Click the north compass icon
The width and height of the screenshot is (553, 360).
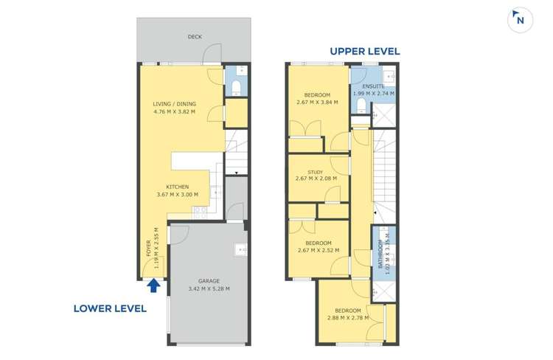tap(520, 20)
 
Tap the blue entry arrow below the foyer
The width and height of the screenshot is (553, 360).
tap(153, 285)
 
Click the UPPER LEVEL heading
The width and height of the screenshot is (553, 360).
tap(365, 51)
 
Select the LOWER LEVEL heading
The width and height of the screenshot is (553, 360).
tap(110, 308)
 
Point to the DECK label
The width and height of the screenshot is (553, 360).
tap(195, 37)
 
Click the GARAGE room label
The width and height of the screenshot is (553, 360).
tap(209, 281)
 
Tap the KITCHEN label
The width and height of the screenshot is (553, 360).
tap(178, 187)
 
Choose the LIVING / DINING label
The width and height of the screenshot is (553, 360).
tap(174, 104)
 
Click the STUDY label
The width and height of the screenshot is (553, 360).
tap(316, 172)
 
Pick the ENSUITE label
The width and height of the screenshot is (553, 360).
tap(373, 86)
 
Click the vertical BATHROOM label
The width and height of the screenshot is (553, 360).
tap(380, 254)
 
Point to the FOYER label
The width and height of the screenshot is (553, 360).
tap(148, 248)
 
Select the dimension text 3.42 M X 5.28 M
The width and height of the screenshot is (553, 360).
tap(209, 288)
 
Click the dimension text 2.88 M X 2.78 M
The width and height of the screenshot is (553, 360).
tap(348, 318)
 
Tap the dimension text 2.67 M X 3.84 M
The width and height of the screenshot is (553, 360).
tap(317, 103)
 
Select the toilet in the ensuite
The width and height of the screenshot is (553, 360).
tap(361, 105)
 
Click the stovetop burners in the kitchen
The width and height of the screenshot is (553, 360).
tap(201, 212)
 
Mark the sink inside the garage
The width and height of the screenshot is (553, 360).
tap(241, 249)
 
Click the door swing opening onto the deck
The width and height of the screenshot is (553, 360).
tap(212, 53)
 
